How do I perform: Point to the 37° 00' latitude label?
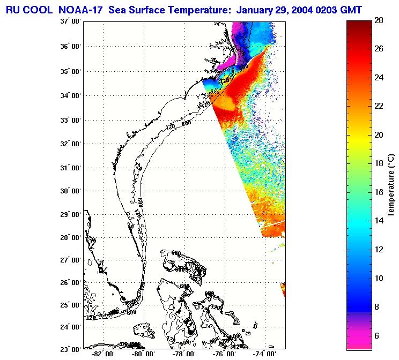pyautogui.click(x=70, y=22)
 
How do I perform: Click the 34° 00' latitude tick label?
pyautogui.click(x=70, y=96)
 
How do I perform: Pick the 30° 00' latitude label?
pyautogui.click(x=70, y=191)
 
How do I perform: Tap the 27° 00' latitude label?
pyautogui.click(x=70, y=261)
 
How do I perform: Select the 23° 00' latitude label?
pyautogui.click(x=70, y=349)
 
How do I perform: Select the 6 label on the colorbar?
pyautogui.click(x=378, y=336)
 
